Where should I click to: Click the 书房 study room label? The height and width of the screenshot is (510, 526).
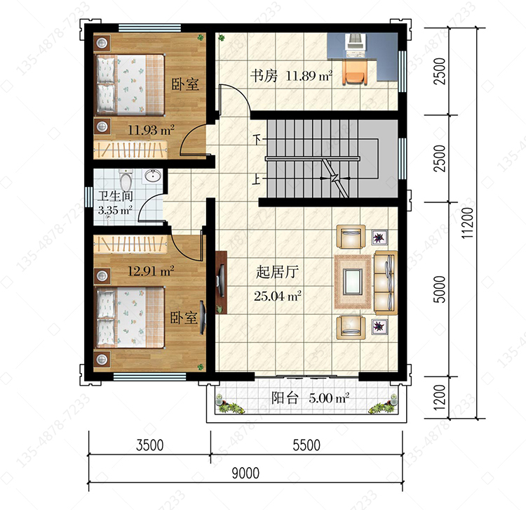click(264, 76)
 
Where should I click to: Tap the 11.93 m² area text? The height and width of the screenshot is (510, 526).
click(151, 130)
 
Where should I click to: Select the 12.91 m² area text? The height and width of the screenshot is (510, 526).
click(151, 270)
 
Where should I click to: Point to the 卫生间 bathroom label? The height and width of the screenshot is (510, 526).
click(115, 196)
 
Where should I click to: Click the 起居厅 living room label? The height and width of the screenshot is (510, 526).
click(277, 272)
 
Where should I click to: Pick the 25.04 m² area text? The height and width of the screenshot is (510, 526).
click(278, 296)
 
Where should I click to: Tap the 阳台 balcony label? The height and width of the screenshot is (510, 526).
click(285, 398)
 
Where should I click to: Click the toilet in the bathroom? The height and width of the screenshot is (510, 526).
click(126, 179)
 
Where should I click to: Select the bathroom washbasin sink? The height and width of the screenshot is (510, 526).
click(153, 176)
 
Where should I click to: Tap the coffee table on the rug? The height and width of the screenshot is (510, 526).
click(353, 282)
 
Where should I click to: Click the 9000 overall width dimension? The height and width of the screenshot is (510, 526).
click(245, 473)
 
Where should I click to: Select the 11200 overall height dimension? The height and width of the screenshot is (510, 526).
click(468, 223)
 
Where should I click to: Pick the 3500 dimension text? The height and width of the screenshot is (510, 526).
click(149, 445)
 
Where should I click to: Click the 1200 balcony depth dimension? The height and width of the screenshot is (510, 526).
click(440, 397)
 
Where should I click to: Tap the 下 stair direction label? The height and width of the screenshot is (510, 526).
click(257, 139)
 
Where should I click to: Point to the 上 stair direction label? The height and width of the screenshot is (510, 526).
click(256, 179)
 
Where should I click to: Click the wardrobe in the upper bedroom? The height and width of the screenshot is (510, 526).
click(130, 150)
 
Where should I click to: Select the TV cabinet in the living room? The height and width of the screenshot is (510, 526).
click(221, 282)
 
